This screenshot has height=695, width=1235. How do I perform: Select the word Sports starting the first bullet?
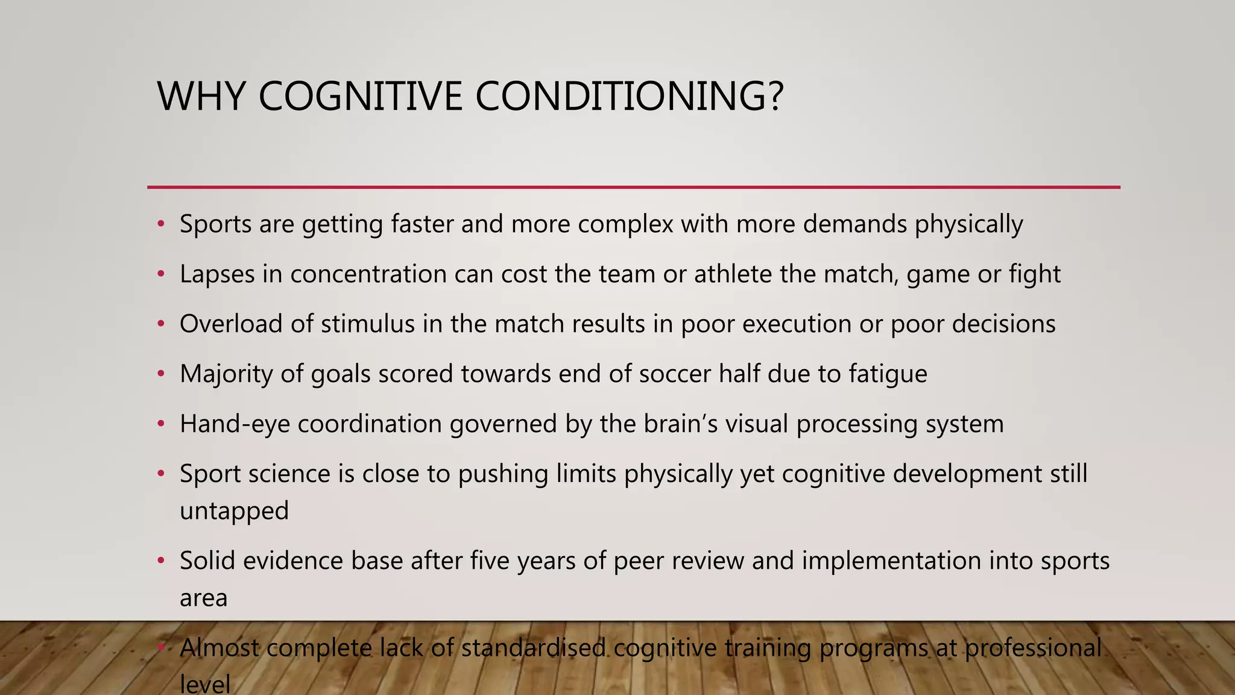[x=215, y=224]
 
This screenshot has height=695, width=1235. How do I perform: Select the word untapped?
[x=234, y=511]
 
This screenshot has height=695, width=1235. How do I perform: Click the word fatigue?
[x=888, y=374]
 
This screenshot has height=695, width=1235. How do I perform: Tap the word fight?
[x=1034, y=275]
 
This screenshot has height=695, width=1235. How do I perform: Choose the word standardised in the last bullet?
[x=533, y=648]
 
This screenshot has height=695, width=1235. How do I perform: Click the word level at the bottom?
[x=205, y=685]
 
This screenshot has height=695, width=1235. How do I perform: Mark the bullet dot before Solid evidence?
[x=160, y=561]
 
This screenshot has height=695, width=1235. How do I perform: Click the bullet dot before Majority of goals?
[x=160, y=374]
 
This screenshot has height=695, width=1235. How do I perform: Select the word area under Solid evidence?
[x=203, y=598]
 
